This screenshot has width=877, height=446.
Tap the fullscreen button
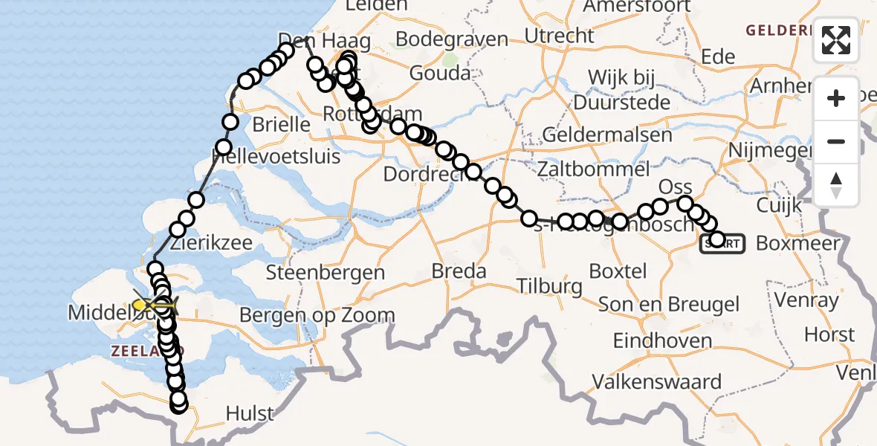point(836,40)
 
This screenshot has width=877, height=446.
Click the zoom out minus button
point(836,141)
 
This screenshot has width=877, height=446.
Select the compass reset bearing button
point(836,185)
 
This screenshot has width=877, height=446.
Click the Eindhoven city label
point(662,340)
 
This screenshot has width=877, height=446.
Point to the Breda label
point(459,271)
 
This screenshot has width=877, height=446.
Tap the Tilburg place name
point(549,286)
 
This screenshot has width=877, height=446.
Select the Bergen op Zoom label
point(317,315)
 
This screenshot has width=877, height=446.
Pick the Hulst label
point(250,413)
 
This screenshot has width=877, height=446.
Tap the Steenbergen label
point(325,273)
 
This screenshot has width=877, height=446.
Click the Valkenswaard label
point(656,382)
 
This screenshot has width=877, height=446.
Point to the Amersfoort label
point(636,7)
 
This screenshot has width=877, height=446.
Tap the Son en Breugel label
point(668,304)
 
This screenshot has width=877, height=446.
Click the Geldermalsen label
point(607,135)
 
